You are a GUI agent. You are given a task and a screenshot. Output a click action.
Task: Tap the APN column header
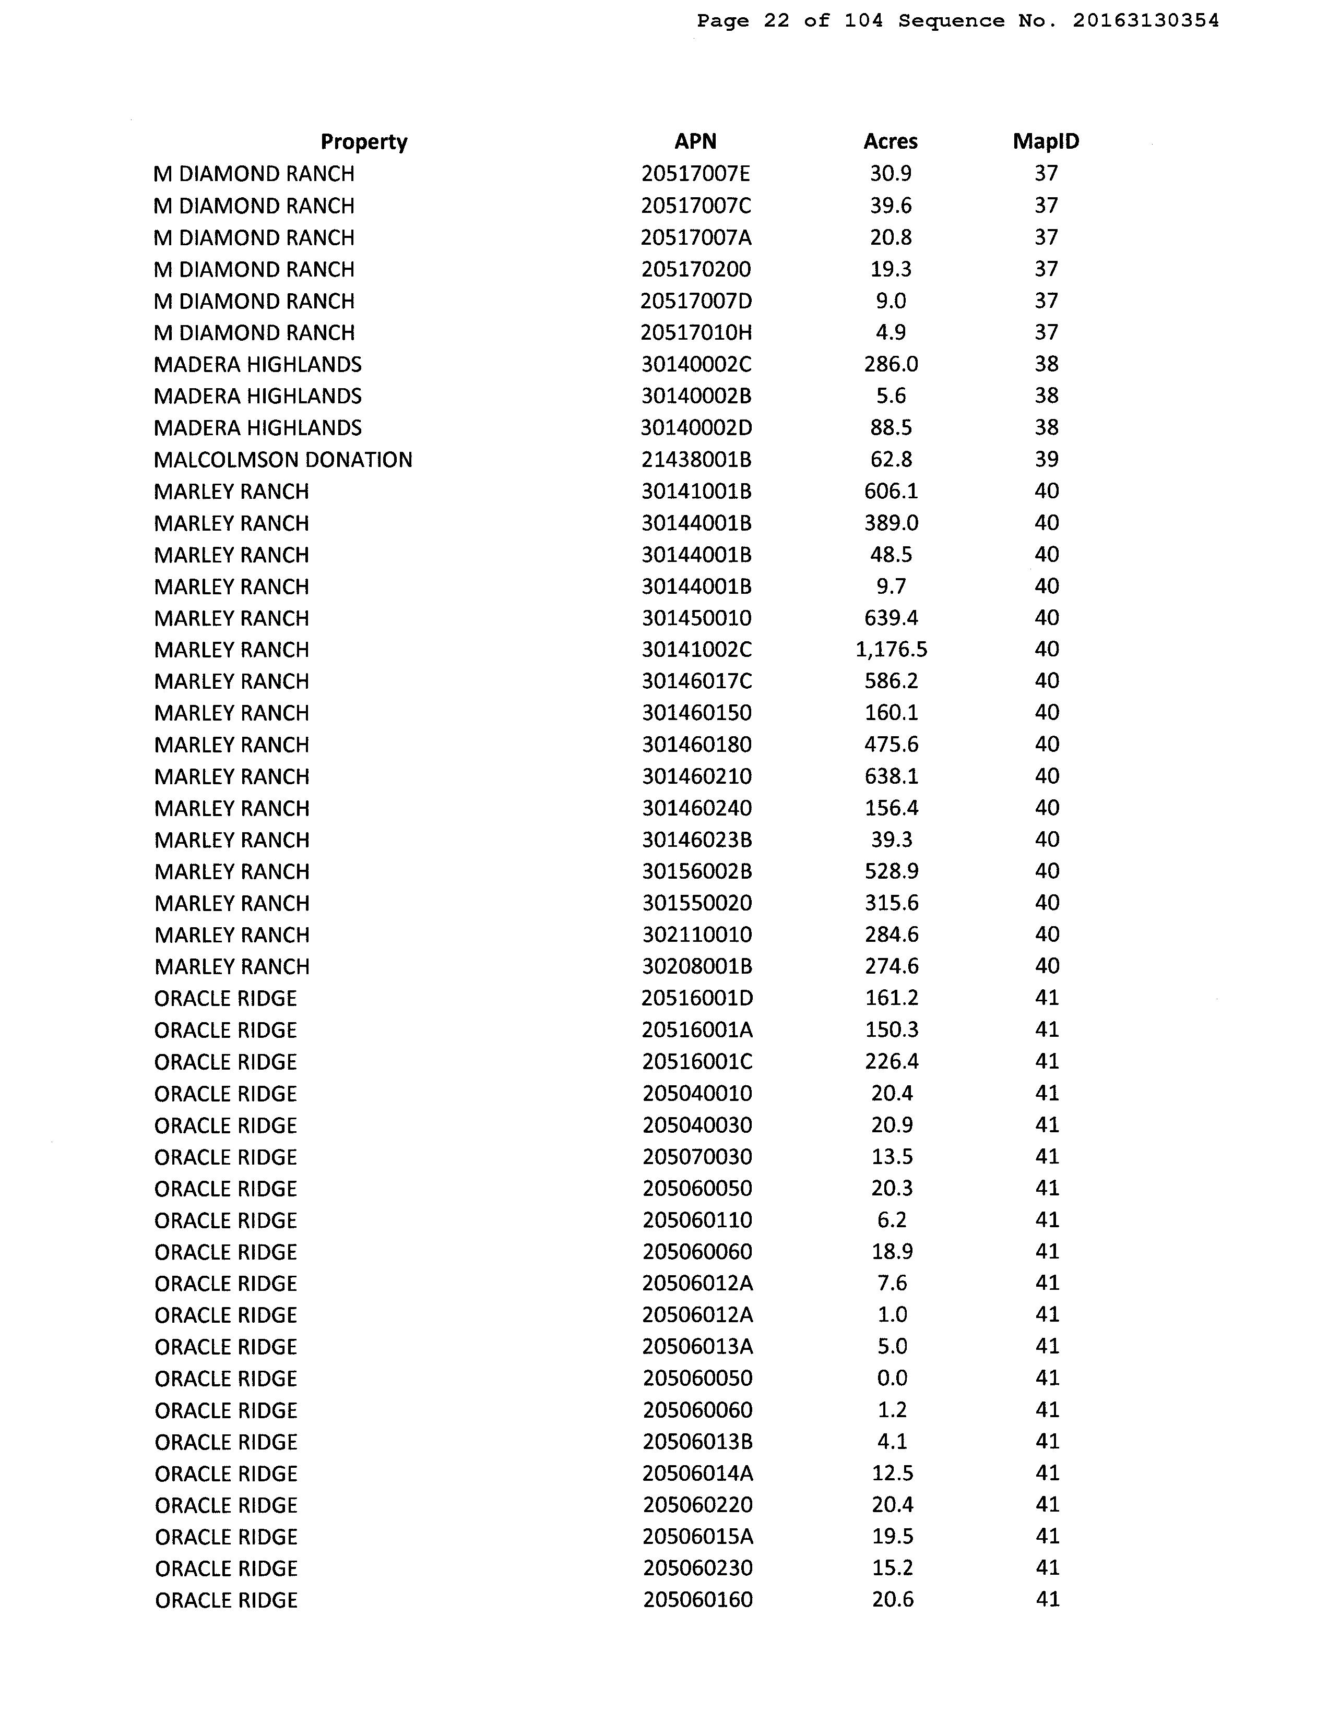695,141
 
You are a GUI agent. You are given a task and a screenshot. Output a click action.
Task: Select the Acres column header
891,141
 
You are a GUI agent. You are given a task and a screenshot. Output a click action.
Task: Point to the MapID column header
1046,141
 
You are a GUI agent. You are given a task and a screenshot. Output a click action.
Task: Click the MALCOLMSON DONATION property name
283,460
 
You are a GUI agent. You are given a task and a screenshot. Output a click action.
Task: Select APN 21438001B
696,460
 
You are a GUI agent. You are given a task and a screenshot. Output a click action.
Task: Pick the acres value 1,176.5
891,649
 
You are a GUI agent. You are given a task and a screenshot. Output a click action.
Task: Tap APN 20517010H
696,332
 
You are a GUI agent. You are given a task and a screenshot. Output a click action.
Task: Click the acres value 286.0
891,364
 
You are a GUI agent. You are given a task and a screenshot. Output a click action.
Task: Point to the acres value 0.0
892,1377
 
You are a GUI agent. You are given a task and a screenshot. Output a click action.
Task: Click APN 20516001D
697,998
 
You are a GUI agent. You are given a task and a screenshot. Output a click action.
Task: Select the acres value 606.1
891,492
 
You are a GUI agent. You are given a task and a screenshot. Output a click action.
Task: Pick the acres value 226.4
892,1061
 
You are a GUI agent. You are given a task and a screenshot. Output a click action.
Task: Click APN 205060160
697,1599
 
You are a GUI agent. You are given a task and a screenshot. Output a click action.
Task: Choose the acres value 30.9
891,174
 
